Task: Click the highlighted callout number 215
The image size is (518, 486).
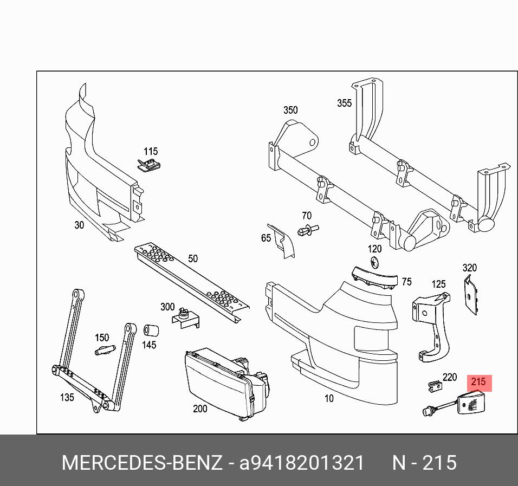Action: coord(478,383)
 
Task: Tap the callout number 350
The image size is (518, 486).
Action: coord(290,111)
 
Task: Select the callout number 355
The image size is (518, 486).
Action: coord(344,103)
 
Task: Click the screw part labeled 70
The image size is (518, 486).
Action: coord(308,230)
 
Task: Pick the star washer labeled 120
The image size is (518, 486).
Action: coord(375,263)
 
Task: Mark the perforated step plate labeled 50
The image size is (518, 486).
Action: coord(192,284)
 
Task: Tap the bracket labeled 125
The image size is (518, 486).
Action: coord(432,325)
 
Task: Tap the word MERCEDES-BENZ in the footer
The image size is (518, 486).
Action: coord(142,463)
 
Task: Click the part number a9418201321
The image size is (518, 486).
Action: coord(302,463)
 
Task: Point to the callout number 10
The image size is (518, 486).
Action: coord(329,399)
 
